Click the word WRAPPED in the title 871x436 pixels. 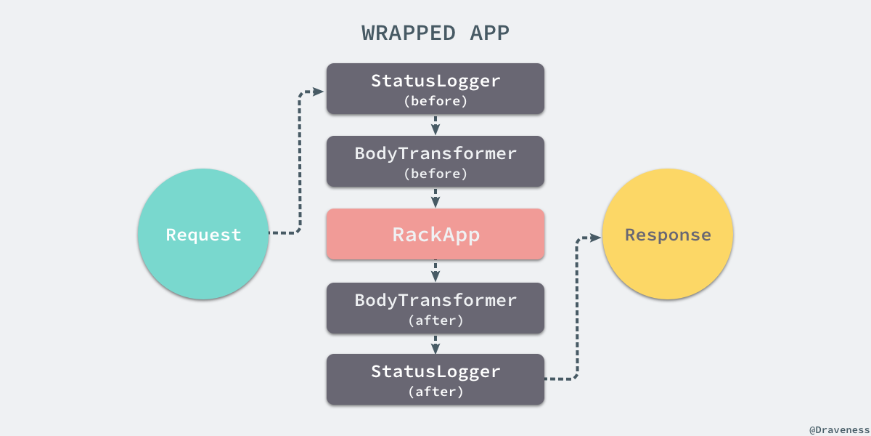tap(409, 33)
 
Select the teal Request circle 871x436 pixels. tap(203, 234)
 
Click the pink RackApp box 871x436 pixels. tap(435, 234)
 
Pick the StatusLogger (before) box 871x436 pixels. tap(435, 89)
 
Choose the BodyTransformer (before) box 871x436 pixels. tap(435, 161)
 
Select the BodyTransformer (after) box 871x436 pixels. tap(435, 308)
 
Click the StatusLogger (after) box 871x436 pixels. tap(435, 379)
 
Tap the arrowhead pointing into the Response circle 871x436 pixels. tap(596, 238)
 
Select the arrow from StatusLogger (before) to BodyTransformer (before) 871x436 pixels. tap(435, 125)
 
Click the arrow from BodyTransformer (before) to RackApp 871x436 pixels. tap(435, 198)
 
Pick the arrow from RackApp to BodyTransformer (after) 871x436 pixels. tap(435, 272)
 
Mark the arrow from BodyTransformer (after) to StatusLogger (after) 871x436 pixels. tap(435, 344)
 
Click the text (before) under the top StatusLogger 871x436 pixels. tap(435, 101)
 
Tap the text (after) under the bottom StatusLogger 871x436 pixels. tap(435, 392)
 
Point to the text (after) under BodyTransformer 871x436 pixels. tap(435, 320)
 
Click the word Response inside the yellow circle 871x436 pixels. tap(668, 235)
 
